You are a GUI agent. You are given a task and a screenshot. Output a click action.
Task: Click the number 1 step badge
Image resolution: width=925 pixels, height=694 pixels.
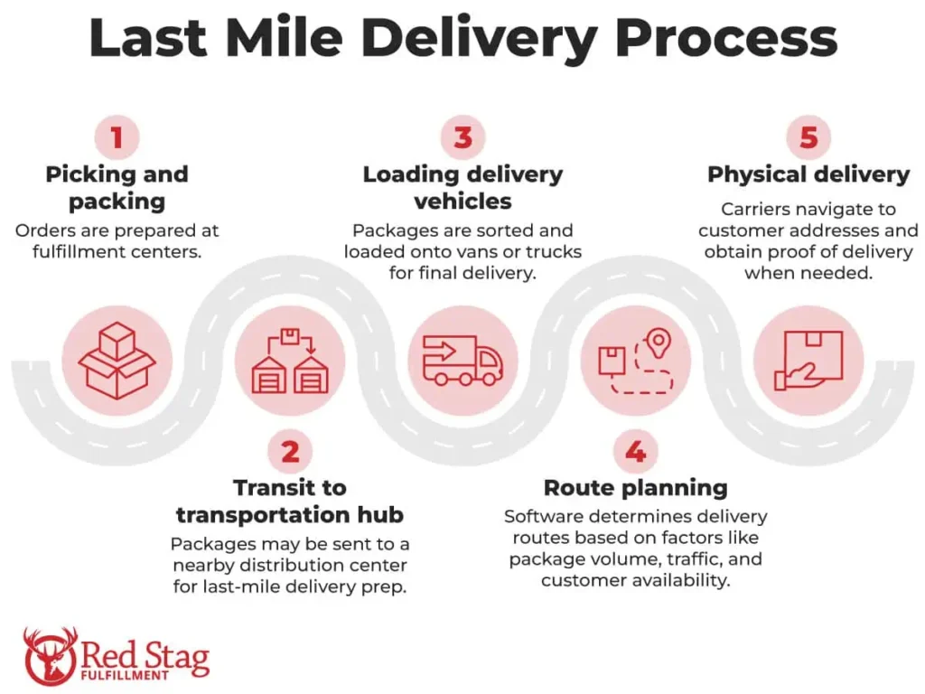point(117,138)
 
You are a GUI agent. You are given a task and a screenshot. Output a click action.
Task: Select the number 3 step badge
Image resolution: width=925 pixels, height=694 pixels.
point(462,138)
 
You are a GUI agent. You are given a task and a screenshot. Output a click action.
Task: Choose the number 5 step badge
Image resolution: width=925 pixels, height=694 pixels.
point(808,138)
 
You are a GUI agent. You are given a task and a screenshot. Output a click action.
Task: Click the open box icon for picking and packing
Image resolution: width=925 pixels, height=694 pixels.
point(117,361)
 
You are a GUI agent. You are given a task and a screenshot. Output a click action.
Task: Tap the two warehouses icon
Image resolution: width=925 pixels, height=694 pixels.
point(290,361)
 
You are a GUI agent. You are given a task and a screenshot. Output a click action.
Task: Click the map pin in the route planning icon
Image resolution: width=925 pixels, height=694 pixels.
point(659,342)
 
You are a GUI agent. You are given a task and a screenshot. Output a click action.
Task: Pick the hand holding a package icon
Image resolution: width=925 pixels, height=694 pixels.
point(808,361)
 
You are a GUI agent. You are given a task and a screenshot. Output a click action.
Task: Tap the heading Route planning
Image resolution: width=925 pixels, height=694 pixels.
point(635,488)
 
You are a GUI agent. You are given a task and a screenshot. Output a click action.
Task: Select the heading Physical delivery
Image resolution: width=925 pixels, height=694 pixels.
point(808,174)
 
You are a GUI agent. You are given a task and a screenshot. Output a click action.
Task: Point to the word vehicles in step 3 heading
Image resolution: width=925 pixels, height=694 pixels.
point(462,201)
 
